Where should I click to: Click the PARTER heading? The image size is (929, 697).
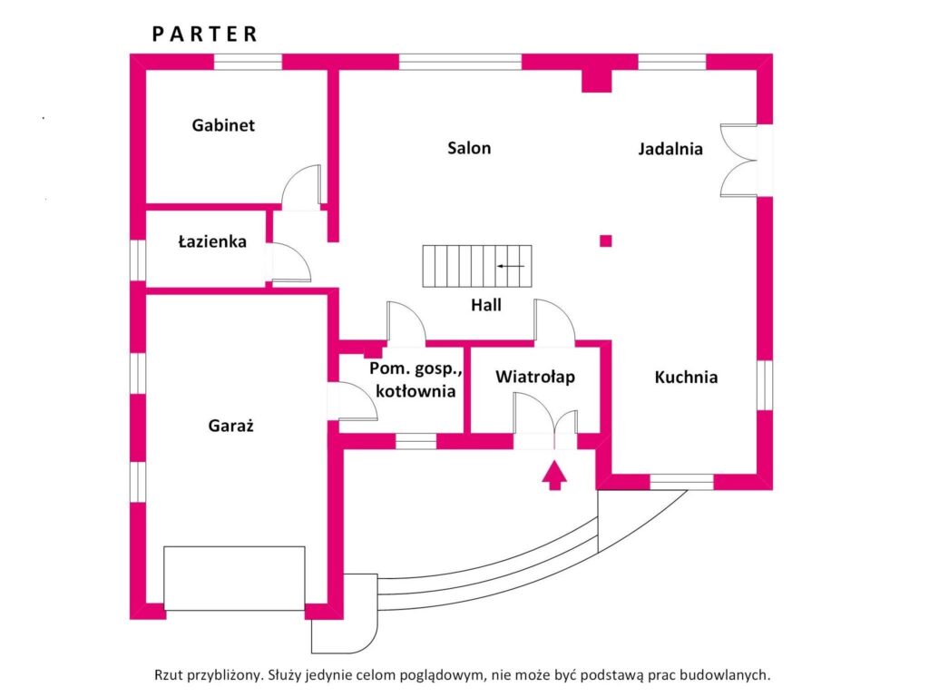205,34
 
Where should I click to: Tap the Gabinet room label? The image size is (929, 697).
223,125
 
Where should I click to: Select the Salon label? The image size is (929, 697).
469,148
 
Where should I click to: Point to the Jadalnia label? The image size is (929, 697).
670,149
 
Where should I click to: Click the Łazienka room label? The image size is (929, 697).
212,242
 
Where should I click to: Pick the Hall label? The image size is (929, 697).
486,305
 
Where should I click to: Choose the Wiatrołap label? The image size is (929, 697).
534,377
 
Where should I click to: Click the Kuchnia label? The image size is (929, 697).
686,377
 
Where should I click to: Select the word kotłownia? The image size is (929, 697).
415,391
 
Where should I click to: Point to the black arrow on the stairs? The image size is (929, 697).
510,266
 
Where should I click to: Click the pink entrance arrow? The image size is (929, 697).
553,476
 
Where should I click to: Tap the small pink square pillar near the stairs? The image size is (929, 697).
606,241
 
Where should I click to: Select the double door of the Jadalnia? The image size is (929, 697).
738,160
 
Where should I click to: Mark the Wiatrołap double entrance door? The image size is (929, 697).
545,417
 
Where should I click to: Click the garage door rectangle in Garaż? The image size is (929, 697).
234,578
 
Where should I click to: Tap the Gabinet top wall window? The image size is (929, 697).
248,63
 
